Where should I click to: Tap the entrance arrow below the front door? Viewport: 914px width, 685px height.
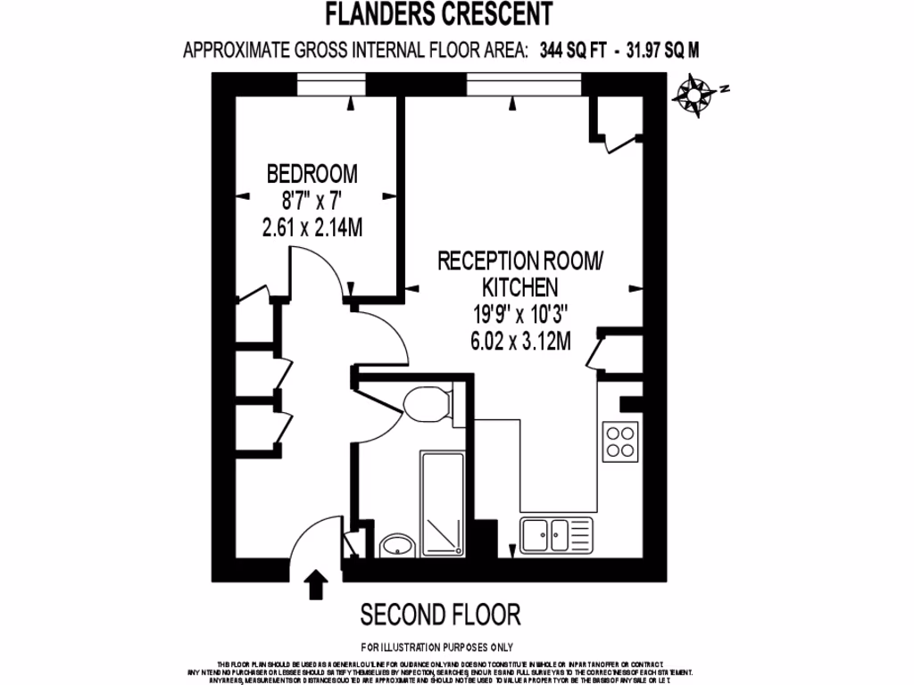(x=317, y=585)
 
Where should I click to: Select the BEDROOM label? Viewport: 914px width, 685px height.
(x=312, y=171)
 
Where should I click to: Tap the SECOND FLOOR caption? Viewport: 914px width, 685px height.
(x=440, y=615)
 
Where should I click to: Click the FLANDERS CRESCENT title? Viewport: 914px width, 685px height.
(x=438, y=13)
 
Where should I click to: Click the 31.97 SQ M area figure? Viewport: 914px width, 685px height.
(x=657, y=50)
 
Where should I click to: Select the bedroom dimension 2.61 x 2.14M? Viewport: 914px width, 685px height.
(x=312, y=228)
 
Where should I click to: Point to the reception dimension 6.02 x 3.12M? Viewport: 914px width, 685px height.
(x=520, y=340)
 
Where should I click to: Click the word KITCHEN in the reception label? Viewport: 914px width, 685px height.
(x=520, y=287)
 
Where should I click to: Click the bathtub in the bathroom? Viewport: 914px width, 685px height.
(x=442, y=504)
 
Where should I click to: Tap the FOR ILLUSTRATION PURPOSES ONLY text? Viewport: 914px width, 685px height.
(x=436, y=647)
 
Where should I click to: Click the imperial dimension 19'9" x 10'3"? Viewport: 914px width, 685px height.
(x=520, y=314)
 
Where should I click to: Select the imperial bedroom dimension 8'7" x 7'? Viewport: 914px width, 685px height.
(x=312, y=201)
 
